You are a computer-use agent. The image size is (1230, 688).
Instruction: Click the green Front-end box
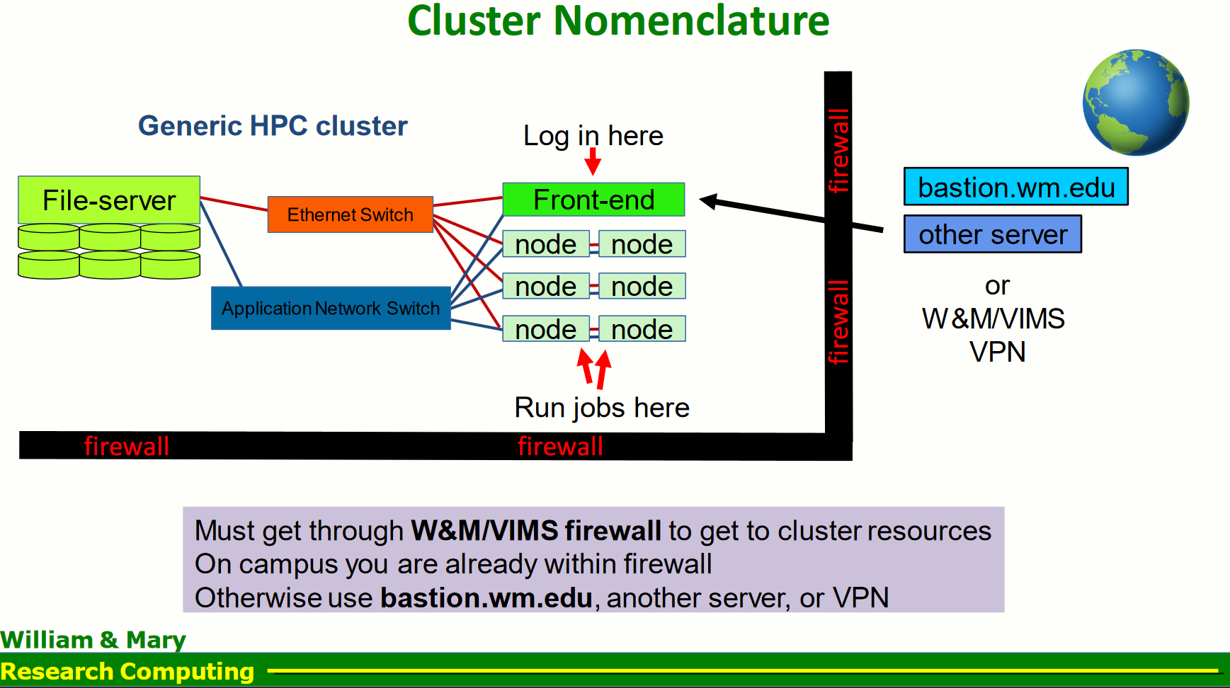[x=593, y=200]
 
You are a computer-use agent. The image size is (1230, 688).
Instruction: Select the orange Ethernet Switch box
[x=350, y=214]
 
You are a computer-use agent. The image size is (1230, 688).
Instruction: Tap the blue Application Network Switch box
[x=331, y=308]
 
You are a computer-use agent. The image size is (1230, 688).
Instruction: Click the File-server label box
[x=109, y=200]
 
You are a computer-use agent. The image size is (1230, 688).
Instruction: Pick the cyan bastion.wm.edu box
[x=1015, y=187]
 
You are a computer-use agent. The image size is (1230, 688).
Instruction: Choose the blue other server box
[x=992, y=234]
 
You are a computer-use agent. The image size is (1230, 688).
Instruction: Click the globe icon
[x=1135, y=103]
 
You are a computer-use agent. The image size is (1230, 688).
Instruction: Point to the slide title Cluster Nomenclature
[x=617, y=21]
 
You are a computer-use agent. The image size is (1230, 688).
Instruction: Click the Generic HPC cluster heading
[x=273, y=126]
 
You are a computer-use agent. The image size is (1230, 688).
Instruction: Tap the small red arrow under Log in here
[x=593, y=162]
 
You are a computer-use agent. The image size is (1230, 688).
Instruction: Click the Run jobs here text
[x=601, y=408]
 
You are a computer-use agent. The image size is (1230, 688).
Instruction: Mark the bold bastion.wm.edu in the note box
[x=486, y=598]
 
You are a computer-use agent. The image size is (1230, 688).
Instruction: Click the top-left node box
[x=545, y=244]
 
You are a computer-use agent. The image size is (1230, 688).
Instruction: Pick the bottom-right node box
[x=642, y=329]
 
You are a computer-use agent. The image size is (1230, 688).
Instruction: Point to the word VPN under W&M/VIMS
[x=997, y=352]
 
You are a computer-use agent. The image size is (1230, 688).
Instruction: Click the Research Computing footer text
[x=127, y=671]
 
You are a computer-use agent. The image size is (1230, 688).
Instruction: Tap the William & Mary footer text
[x=93, y=640]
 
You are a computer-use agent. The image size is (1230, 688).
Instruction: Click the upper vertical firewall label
[x=838, y=150]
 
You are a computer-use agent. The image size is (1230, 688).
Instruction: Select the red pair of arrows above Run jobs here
[x=594, y=368]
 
